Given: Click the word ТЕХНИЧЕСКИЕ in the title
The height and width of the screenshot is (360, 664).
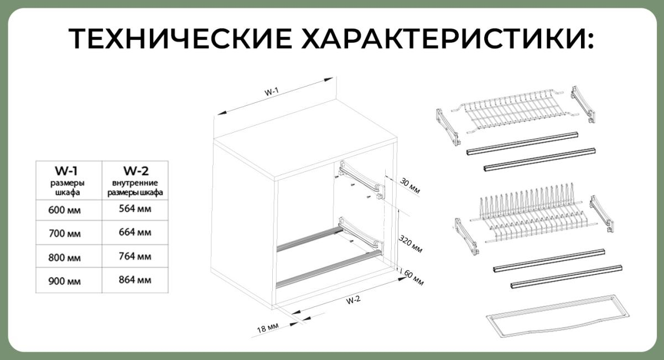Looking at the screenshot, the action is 180,38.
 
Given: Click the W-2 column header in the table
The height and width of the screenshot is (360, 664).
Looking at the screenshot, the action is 136,171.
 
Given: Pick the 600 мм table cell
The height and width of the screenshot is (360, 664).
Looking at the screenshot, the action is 64,210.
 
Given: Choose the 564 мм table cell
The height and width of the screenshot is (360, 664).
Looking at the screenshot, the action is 135,209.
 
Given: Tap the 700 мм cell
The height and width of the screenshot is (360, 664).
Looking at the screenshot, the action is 65,233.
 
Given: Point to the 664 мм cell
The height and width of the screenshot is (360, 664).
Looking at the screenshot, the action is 135,232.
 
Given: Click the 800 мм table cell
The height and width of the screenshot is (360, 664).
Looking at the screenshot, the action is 64,258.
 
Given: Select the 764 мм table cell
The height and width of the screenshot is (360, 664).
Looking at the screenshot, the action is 135,256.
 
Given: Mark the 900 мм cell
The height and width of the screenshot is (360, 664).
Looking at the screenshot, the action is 64,281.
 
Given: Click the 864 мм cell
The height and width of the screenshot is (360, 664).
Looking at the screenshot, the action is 135,280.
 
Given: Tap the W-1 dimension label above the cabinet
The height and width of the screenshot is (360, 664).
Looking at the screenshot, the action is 272,92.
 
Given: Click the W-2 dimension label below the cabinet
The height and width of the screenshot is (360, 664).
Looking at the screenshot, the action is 354,300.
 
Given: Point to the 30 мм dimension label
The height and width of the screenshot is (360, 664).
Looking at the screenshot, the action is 410,185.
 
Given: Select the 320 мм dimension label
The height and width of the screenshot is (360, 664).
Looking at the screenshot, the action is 411,244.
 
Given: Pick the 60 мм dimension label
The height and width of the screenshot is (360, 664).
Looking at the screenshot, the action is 414,278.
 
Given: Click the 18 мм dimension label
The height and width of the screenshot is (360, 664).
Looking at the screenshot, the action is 268,328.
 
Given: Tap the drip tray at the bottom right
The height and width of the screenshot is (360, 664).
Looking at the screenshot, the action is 558,316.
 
